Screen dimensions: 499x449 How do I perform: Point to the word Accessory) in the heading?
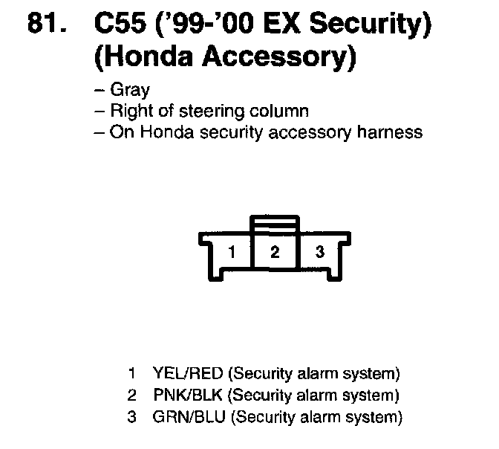coord(275,56)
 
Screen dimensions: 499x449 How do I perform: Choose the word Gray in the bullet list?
coord(129,91)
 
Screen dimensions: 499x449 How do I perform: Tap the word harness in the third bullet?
coord(396,132)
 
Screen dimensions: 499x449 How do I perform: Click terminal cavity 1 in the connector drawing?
coord(232,252)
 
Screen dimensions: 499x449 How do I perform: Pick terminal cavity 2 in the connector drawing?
coord(275,252)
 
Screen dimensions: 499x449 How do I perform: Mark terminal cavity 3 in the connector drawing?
coord(319,252)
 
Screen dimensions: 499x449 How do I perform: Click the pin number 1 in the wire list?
coord(132,372)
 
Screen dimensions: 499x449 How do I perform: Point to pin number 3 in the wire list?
coord(132,417)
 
